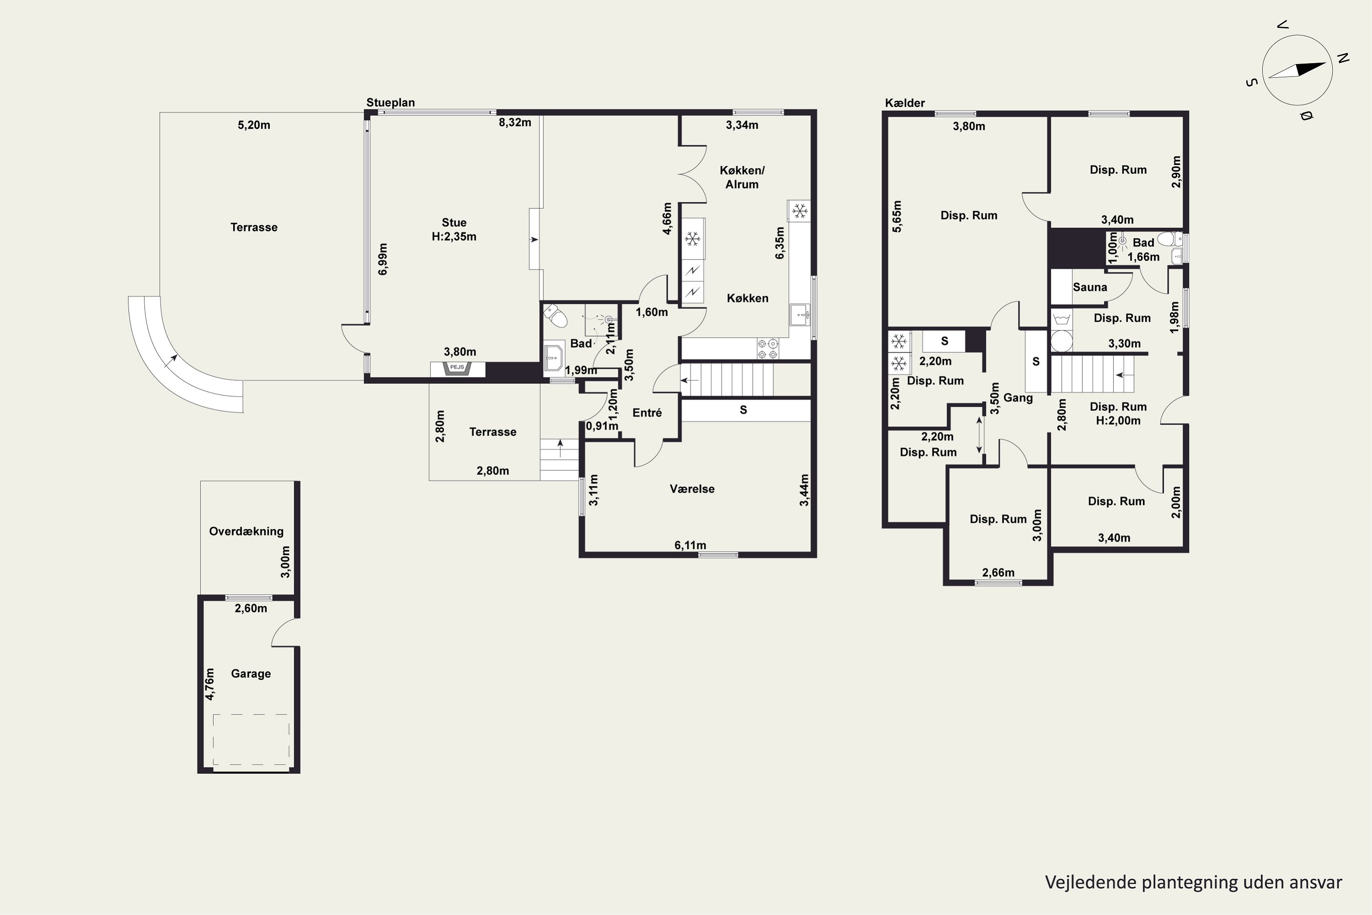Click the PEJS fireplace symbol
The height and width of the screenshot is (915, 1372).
(x=457, y=368)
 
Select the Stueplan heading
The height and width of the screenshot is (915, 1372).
(x=390, y=102)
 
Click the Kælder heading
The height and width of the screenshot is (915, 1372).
(x=905, y=102)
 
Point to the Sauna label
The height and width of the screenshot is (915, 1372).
(x=1090, y=287)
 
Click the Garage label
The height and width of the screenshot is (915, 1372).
(x=251, y=673)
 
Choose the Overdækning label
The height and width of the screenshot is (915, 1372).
(x=246, y=531)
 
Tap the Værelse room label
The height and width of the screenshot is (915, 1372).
(x=692, y=489)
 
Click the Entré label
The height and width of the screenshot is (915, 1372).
(x=647, y=413)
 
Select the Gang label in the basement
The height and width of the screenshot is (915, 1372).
(x=1018, y=398)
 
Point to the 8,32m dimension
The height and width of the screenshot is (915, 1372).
(x=514, y=123)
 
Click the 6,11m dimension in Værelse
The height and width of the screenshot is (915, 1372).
(x=690, y=545)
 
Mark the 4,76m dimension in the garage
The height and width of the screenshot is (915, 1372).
(x=210, y=684)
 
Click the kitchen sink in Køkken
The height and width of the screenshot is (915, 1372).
(x=800, y=315)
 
